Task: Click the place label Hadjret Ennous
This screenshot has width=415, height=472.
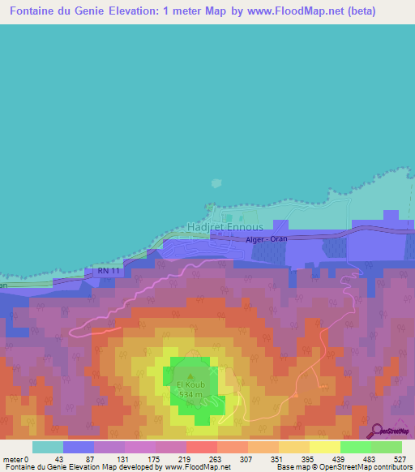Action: (x=225, y=227)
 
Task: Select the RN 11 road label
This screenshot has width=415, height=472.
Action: (x=109, y=270)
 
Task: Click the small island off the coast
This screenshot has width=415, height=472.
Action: (x=216, y=185)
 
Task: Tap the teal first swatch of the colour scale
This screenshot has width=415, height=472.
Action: (x=48, y=447)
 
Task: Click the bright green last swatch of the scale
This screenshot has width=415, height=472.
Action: (x=387, y=447)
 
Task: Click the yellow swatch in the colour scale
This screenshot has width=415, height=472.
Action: (x=325, y=447)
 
